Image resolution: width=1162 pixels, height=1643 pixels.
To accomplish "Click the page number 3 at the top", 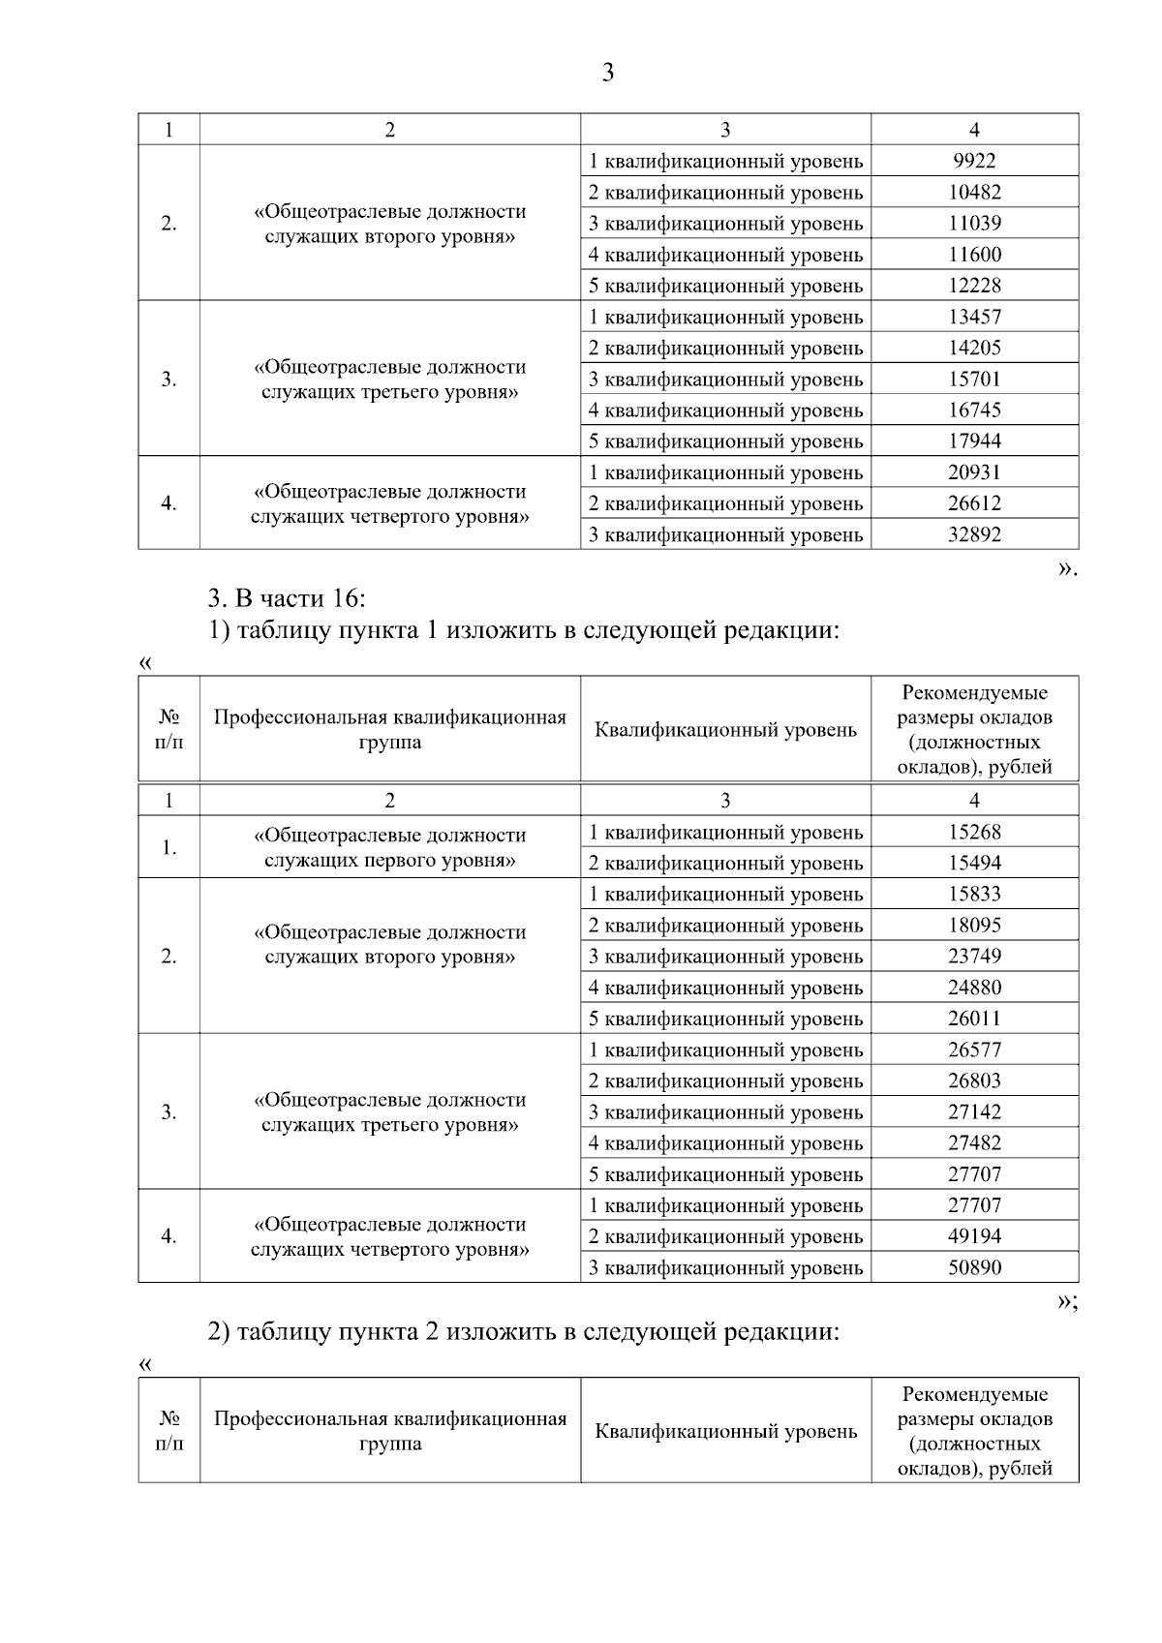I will [607, 73].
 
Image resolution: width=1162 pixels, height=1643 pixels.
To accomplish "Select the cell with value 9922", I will [974, 161].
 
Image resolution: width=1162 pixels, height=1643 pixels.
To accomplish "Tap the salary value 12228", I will [974, 286].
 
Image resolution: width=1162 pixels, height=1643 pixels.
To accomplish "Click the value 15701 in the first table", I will [974, 379].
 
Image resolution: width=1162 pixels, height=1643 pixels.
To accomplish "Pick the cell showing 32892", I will [974, 534].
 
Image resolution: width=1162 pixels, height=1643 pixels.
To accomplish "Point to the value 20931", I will [974, 472].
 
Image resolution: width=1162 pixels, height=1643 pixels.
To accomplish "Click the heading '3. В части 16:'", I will [287, 596].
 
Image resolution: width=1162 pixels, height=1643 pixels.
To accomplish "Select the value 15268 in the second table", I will [974, 832].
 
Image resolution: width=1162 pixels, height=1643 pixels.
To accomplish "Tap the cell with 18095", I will [974, 925].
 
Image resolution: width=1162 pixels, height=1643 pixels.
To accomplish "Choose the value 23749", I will [974, 956].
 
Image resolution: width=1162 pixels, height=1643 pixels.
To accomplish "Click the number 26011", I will [974, 1019].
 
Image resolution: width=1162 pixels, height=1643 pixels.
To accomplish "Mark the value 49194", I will [974, 1236].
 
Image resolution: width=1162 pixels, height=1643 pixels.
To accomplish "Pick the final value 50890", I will [974, 1267].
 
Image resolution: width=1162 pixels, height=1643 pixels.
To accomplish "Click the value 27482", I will [974, 1142].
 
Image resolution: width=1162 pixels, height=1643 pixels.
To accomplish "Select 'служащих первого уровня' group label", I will [389, 861].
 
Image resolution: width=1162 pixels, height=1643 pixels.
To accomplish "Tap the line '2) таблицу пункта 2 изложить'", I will [524, 1331].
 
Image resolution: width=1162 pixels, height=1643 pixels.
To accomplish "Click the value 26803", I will [974, 1080].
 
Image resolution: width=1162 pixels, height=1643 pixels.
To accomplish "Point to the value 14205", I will [974, 348].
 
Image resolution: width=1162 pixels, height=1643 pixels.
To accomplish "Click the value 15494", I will [974, 863].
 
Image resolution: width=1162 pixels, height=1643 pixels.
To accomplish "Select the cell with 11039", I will [974, 223].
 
